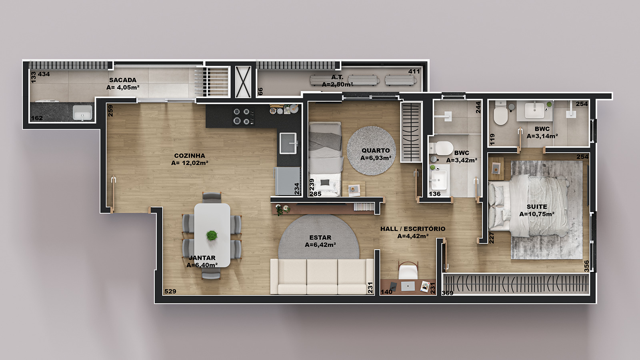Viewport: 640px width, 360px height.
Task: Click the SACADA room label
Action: [x=122, y=80]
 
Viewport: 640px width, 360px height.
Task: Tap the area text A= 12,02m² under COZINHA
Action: [x=190, y=163]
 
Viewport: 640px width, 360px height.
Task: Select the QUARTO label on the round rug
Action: [x=376, y=150]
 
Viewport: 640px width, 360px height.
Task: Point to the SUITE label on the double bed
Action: [x=537, y=206]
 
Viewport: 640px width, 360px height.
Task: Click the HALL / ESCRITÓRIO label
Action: [x=412, y=228]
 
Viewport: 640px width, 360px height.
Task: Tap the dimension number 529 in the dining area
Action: [x=170, y=292]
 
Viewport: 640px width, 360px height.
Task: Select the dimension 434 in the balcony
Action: [x=44, y=74]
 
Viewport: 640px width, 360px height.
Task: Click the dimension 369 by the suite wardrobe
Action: [x=448, y=293]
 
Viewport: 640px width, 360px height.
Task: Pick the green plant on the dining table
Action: [x=212, y=236]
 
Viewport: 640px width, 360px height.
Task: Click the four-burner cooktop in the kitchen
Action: [x=244, y=116]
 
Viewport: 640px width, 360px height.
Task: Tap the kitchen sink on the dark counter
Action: [x=288, y=143]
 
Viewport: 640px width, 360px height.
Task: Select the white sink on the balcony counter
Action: [x=82, y=112]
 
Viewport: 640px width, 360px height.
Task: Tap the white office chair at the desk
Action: [x=408, y=270]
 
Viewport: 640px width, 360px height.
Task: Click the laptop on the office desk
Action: [x=408, y=286]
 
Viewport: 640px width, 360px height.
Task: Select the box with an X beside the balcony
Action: [x=243, y=82]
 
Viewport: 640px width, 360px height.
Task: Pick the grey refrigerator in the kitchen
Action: [x=288, y=181]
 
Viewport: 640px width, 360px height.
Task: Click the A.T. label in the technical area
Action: [x=337, y=77]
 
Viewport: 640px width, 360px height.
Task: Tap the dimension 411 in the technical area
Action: [x=414, y=72]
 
